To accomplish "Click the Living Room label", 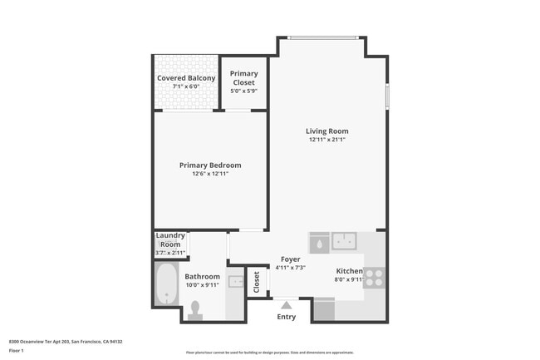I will [x=326, y=131].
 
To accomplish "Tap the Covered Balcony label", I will [x=186, y=78].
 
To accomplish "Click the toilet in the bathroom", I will [x=196, y=309].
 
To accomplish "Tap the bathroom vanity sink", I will [x=236, y=283].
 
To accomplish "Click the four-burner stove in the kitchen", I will [x=374, y=277].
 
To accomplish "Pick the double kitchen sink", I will [x=344, y=241].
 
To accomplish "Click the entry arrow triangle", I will [x=286, y=303].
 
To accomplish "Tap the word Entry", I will [x=286, y=317].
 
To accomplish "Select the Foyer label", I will [x=290, y=259].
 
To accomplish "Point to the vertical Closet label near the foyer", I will [x=256, y=283].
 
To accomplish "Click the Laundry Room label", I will [x=170, y=240].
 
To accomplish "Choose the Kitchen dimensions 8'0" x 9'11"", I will [x=349, y=280].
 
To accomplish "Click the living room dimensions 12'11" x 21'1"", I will [x=326, y=140].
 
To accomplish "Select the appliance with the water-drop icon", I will [x=319, y=242].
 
